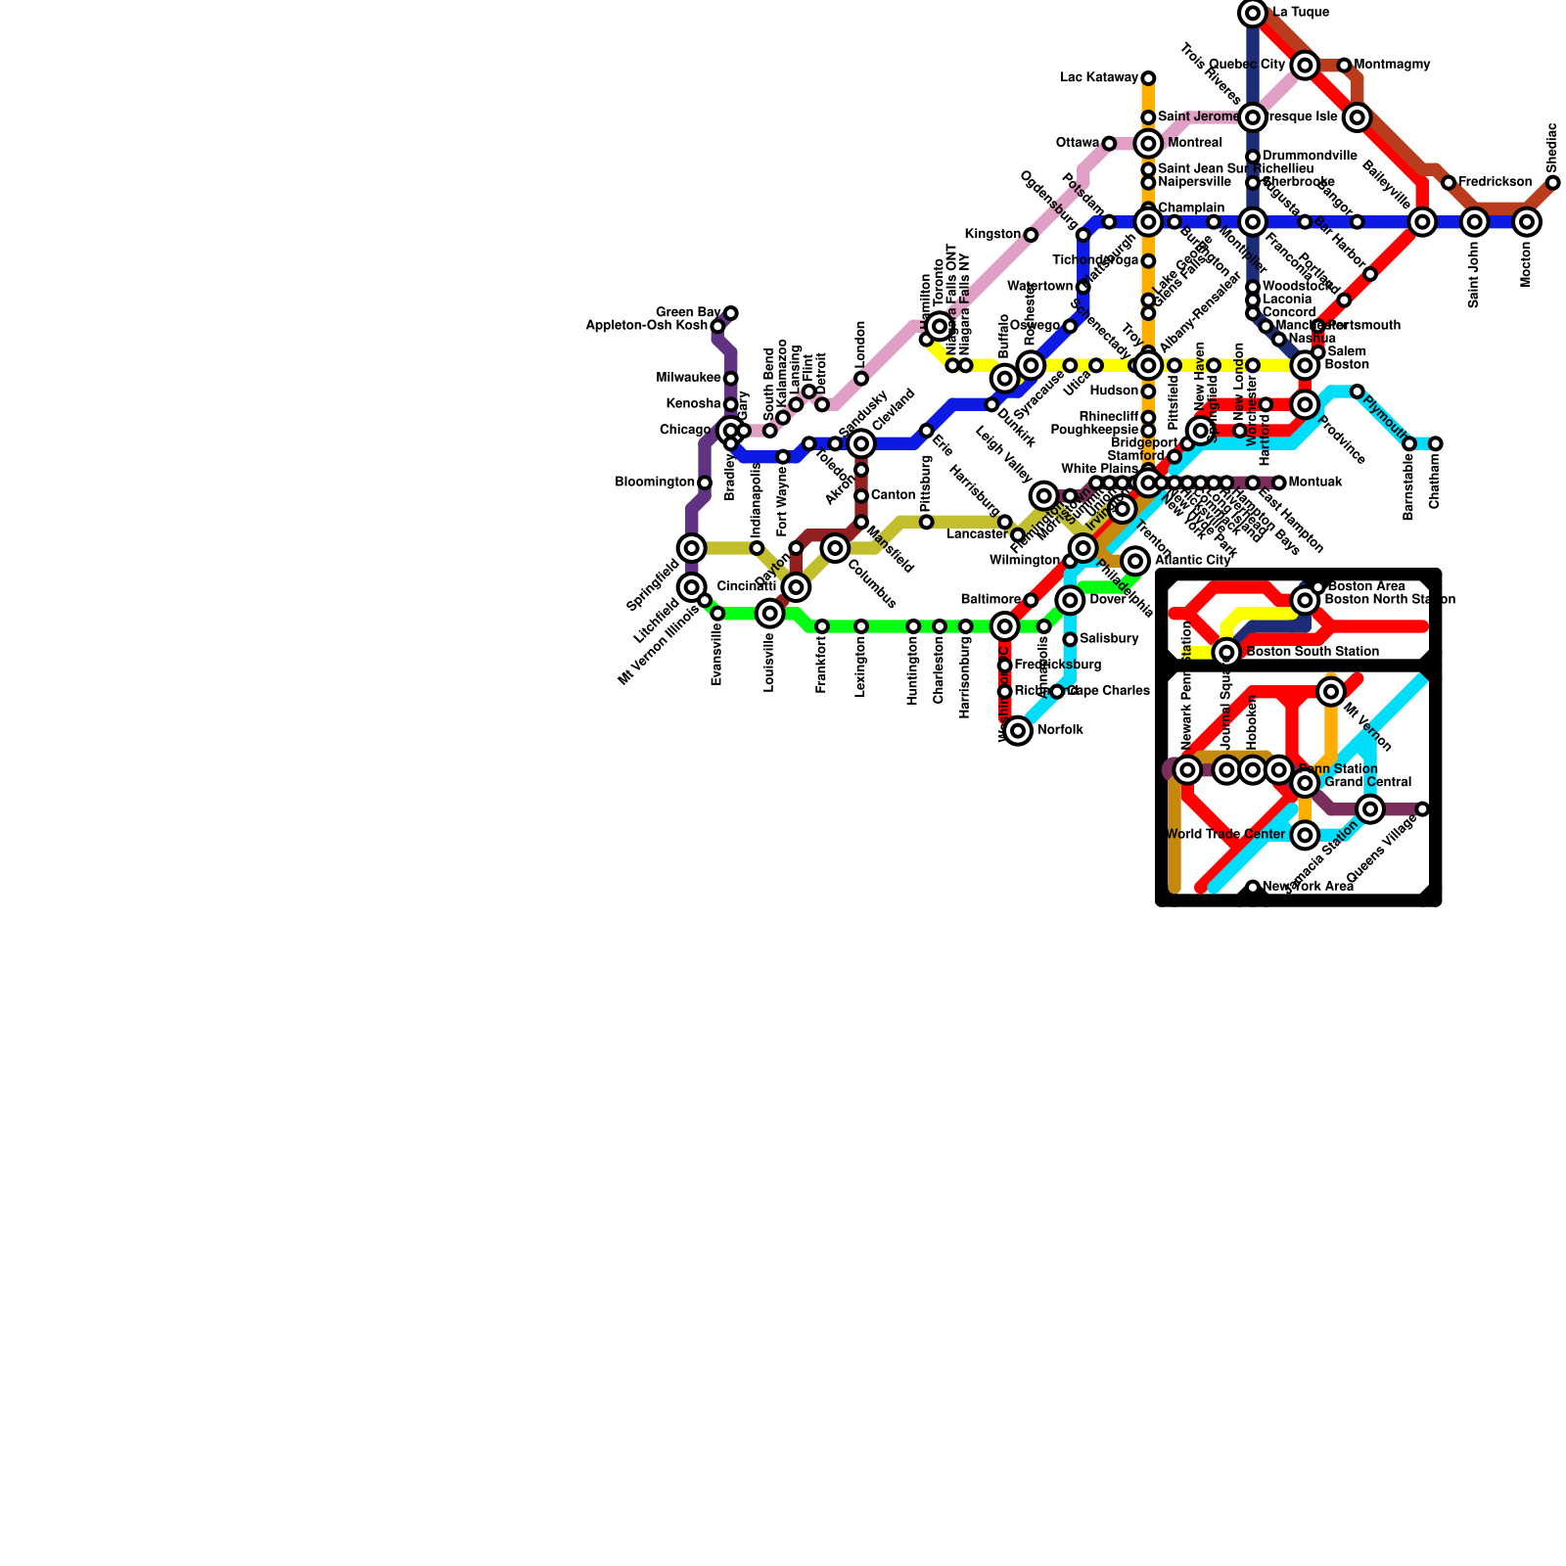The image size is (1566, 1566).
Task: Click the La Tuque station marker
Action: pyautogui.click(x=1253, y=13)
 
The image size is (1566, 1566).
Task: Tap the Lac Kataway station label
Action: pyautogui.click(x=1100, y=78)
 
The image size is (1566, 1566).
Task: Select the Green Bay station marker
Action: pyautogui.click(x=731, y=313)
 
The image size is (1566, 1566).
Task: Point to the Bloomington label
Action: pyautogui.click(x=655, y=483)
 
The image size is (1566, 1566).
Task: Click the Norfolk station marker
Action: pyautogui.click(x=1018, y=730)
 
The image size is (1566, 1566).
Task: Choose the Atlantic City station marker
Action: pyautogui.click(x=1135, y=561)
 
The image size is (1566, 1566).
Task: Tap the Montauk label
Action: pyautogui.click(x=1315, y=483)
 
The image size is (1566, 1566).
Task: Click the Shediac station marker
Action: pyautogui.click(x=1553, y=183)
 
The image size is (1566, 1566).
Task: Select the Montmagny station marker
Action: pyautogui.click(x=1345, y=66)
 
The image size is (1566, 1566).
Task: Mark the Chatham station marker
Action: pyautogui.click(x=1435, y=444)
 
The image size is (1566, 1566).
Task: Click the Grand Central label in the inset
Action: pyautogui.click(x=1368, y=783)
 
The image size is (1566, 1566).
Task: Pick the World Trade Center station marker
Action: pyautogui.click(x=1305, y=835)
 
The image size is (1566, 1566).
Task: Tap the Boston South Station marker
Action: pyautogui.click(x=1226, y=652)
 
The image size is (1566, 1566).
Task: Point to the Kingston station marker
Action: pyautogui.click(x=1031, y=235)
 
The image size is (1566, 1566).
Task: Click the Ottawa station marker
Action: pyautogui.click(x=1109, y=144)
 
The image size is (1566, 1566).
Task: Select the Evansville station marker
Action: pyautogui.click(x=717, y=614)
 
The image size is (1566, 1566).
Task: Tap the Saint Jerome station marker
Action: pyautogui.click(x=1148, y=118)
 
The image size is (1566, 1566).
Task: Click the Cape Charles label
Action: pyautogui.click(x=1110, y=691)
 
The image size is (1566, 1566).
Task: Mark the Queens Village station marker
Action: pyautogui.click(x=1422, y=809)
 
